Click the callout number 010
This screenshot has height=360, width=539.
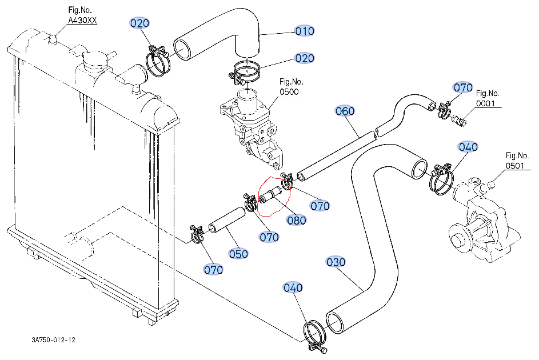click(305, 31)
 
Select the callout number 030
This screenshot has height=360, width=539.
click(336, 262)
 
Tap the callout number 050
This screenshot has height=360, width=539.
click(238, 254)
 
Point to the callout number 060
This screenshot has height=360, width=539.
click(345, 111)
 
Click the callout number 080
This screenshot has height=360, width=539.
click(297, 220)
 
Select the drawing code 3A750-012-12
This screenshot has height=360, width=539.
click(54, 340)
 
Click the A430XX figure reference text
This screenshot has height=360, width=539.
click(83, 21)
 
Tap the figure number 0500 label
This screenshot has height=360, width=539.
click(289, 91)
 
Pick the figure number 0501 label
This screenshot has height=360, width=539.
click(517, 166)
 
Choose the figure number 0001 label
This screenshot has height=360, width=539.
click(488, 103)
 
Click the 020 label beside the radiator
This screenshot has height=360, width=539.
click(139, 23)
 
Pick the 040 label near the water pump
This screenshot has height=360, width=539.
click(468, 147)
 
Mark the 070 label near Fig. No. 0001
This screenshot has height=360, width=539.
click(463, 87)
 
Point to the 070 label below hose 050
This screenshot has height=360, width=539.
click(213, 269)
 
